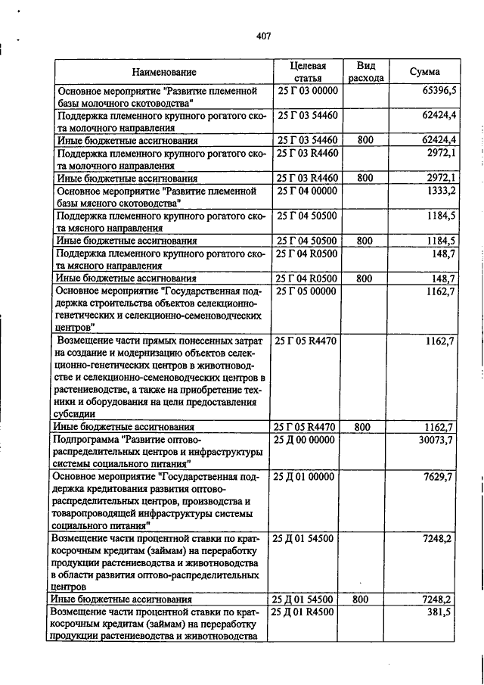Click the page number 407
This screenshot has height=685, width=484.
click(x=263, y=36)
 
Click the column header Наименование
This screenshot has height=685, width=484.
click(x=164, y=72)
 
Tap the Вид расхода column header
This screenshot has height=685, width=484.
click(x=366, y=72)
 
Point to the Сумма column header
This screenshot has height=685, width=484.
click(x=425, y=72)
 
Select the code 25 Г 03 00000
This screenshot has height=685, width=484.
click(x=307, y=91)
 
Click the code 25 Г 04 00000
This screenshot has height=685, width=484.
click(x=307, y=190)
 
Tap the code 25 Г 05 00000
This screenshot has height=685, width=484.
click(x=307, y=290)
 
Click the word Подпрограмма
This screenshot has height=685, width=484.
click(x=85, y=439)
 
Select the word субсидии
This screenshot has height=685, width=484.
click(x=74, y=414)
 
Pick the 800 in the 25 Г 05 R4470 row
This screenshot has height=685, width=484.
click(x=363, y=427)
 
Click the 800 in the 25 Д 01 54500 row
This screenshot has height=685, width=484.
click(x=363, y=599)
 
